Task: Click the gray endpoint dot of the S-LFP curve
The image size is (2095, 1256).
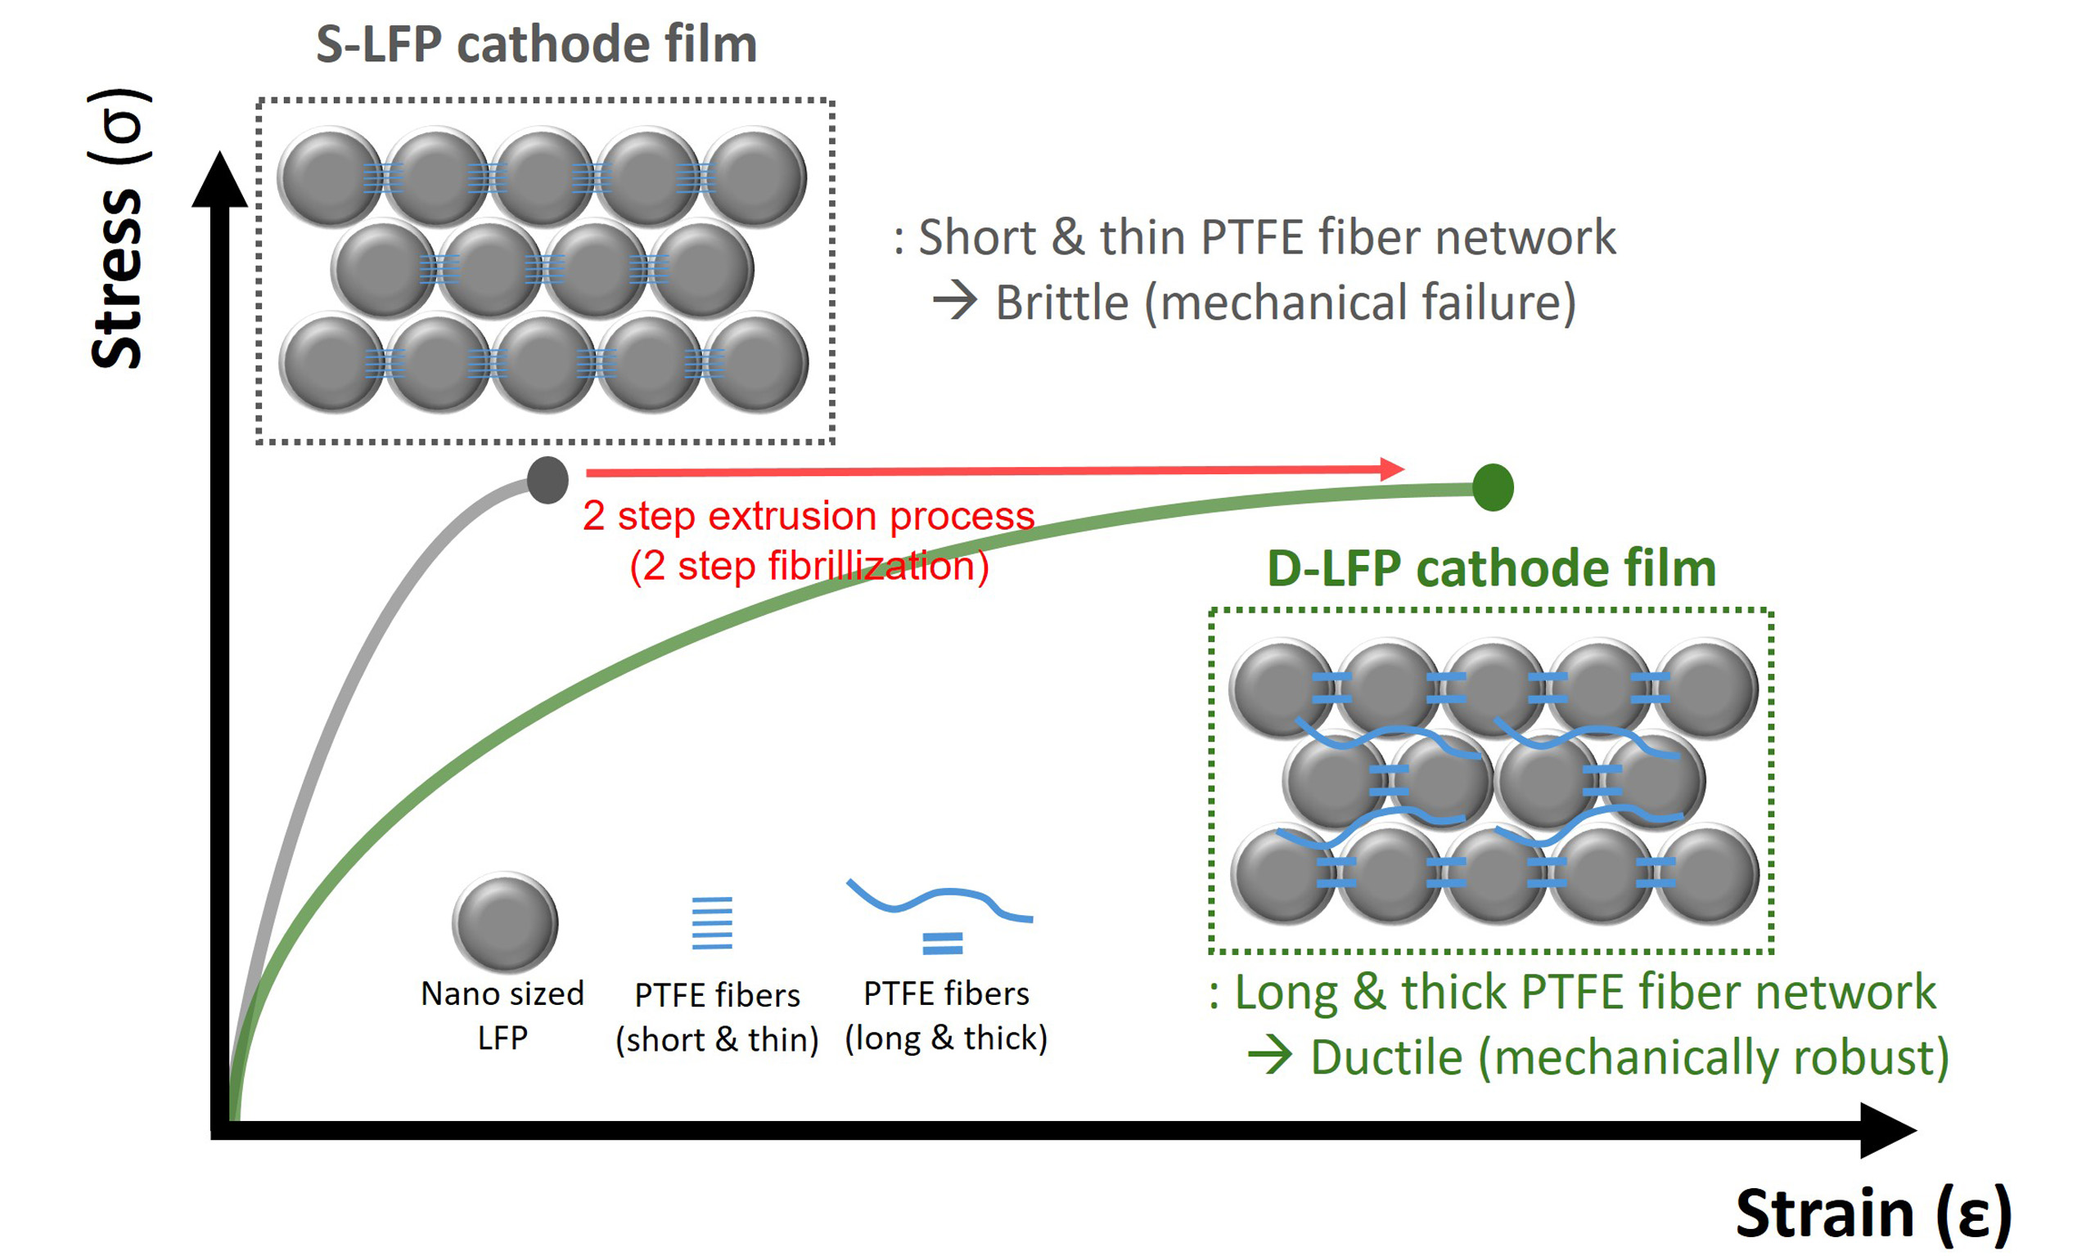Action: point(547,480)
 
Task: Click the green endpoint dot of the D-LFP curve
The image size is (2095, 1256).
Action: point(1492,487)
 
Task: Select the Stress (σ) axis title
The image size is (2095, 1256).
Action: point(118,228)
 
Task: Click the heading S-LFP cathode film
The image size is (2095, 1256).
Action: point(536,44)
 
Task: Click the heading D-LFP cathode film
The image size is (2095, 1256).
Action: point(1490,568)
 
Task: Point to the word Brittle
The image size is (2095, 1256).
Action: point(1062,303)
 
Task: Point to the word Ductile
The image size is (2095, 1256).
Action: point(1386,1058)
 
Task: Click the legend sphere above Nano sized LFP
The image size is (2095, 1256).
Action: point(505,922)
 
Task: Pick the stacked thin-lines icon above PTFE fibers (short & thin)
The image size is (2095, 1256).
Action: point(712,923)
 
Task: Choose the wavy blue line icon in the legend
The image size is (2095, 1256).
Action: point(939,899)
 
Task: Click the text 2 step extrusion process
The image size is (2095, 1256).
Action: point(809,515)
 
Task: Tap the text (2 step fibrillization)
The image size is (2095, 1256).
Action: point(809,565)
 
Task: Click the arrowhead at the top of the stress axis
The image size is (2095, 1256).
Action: point(220,179)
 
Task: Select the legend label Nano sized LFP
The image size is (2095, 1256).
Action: point(503,1015)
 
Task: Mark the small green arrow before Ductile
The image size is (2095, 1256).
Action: point(1270,1056)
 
